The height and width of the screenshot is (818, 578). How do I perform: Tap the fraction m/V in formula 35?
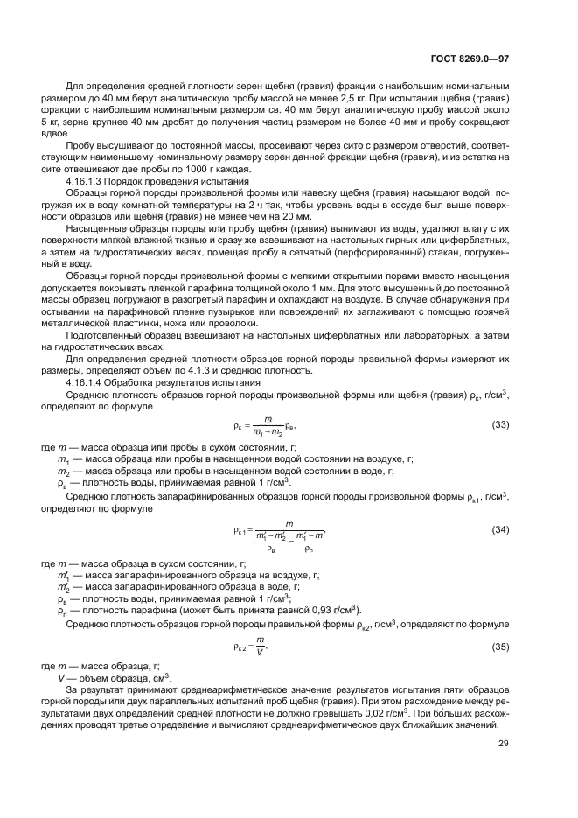(x=260, y=647)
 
